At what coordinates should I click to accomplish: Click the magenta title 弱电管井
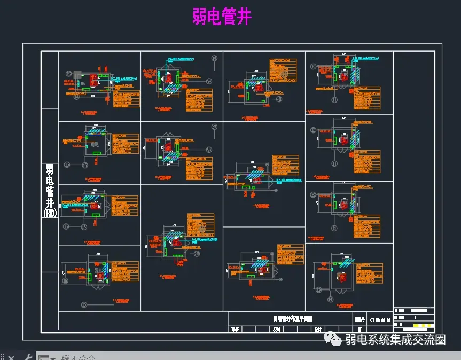(x=222, y=16)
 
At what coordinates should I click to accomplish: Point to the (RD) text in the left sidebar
(x=50, y=213)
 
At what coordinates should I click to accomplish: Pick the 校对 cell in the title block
(x=276, y=330)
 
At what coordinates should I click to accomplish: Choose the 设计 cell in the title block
(x=317, y=330)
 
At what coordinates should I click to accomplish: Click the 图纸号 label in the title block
(x=360, y=319)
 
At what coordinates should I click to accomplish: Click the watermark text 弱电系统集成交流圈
(x=395, y=340)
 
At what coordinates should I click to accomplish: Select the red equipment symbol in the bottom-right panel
(x=342, y=277)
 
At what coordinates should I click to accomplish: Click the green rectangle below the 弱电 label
(x=97, y=153)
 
